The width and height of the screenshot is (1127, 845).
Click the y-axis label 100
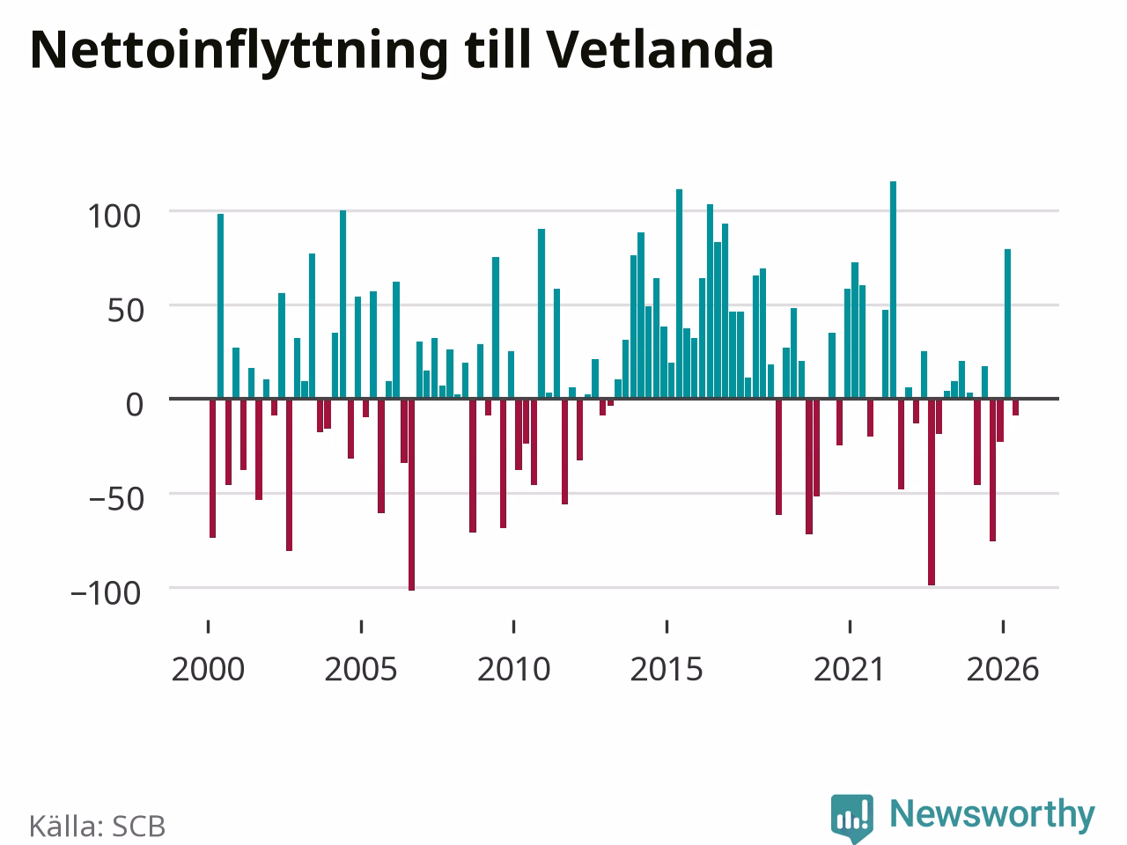click(114, 217)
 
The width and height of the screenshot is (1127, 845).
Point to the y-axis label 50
click(126, 311)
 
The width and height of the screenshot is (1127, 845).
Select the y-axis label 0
click(135, 405)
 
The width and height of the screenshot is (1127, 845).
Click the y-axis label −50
click(116, 499)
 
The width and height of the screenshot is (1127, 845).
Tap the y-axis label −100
click(106, 593)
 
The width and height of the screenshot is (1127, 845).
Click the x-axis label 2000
click(208, 670)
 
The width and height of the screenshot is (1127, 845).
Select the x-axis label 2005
click(361, 670)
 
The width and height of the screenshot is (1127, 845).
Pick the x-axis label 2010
click(513, 670)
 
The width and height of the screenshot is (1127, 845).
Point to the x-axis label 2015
click(667, 670)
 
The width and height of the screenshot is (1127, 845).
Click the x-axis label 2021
click(850, 670)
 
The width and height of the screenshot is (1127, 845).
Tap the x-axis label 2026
click(1003, 670)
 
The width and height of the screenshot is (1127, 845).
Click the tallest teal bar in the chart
click(894, 290)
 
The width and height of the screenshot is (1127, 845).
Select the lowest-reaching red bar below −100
click(412, 495)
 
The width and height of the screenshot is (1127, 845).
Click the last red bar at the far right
click(1015, 407)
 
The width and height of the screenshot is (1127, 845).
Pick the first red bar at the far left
click(212, 468)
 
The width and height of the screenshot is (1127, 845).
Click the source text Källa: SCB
click(97, 826)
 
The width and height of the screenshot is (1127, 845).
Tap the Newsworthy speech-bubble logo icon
click(852, 819)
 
